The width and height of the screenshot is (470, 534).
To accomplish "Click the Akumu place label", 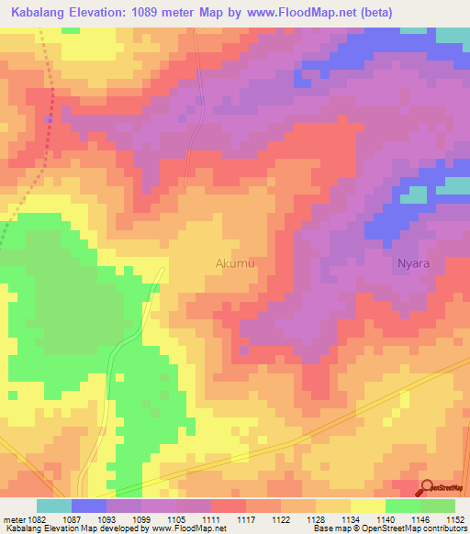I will click(x=234, y=263).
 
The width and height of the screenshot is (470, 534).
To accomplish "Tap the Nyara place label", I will click(x=413, y=263).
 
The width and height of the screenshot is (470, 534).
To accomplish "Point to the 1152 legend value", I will click(x=455, y=519).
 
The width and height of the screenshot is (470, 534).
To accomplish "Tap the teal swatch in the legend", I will click(x=53, y=506).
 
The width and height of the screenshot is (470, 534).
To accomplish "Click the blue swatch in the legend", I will click(x=88, y=506).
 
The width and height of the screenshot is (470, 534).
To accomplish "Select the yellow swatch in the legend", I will click(x=367, y=506).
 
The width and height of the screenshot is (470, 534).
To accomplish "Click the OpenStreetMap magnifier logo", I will click(x=428, y=489).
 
